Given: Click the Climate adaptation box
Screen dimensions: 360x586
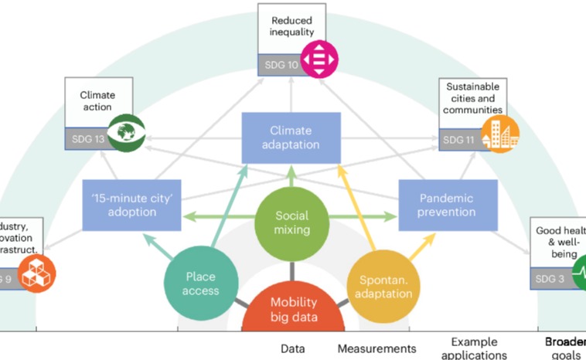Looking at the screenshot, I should pyautogui.click(x=291, y=138).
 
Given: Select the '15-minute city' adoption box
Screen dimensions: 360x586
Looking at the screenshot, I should pyautogui.click(x=131, y=205).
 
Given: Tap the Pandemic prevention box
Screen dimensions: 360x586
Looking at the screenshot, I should pyautogui.click(x=448, y=205).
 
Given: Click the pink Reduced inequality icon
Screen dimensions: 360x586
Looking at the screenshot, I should pyautogui.click(x=319, y=59).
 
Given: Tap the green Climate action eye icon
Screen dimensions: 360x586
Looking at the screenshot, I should pyautogui.click(x=126, y=132).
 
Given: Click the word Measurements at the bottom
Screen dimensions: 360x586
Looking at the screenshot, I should pyautogui.click(x=376, y=348).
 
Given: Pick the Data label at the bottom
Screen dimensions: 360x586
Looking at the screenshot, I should pyautogui.click(x=292, y=348).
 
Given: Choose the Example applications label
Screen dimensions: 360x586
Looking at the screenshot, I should pyautogui.click(x=474, y=348).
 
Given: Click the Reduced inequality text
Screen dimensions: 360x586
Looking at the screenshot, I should pyautogui.click(x=291, y=25).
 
